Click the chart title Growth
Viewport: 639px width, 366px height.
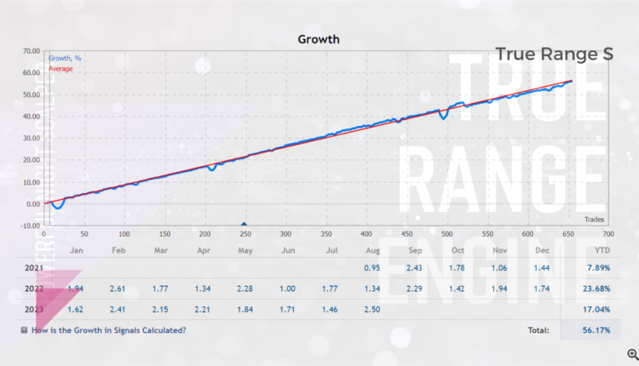(x=319, y=38)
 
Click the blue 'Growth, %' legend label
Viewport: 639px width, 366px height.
(x=66, y=59)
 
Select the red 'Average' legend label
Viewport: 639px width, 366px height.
(x=60, y=68)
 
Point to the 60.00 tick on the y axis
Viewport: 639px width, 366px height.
(x=32, y=73)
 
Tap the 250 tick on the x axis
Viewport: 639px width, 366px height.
(x=245, y=233)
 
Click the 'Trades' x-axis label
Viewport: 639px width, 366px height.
(x=594, y=219)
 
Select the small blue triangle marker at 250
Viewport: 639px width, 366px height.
(x=245, y=224)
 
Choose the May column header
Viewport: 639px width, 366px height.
(x=245, y=250)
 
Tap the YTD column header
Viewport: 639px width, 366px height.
(x=601, y=250)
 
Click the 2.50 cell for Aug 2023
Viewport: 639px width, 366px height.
(x=373, y=309)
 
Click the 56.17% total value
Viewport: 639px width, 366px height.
(x=594, y=330)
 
